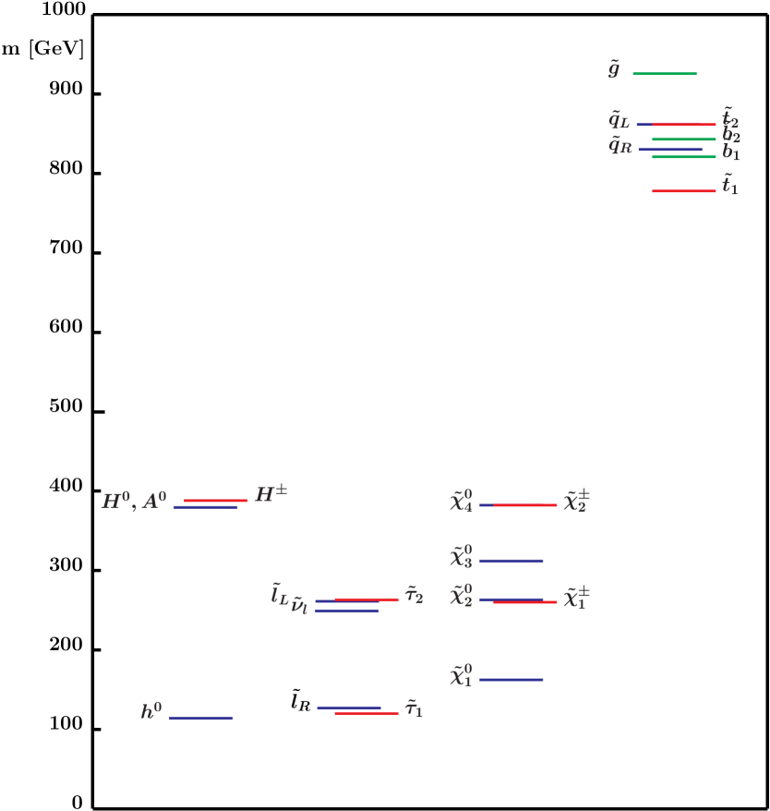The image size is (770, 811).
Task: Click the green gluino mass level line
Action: (665, 74)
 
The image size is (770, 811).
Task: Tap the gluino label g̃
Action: (614, 70)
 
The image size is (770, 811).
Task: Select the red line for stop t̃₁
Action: (684, 191)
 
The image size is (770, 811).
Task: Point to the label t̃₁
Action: (729, 185)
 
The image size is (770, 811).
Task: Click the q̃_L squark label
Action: (619, 120)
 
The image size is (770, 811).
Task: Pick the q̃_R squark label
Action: (620, 145)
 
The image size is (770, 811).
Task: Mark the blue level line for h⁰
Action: (201, 718)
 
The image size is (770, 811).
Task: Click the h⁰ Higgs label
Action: (151, 711)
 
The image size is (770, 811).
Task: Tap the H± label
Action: (271, 494)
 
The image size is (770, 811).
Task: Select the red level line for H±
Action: (216, 501)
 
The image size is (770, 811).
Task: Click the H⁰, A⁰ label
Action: (135, 502)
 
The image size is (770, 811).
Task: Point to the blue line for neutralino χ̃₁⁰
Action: (511, 680)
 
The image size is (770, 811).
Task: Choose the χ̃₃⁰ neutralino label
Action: (461, 557)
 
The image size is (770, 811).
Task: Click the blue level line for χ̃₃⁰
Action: (511, 561)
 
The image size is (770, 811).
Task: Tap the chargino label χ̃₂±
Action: (577, 501)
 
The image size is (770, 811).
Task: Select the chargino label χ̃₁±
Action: (577, 597)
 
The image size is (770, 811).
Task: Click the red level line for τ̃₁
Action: (367, 713)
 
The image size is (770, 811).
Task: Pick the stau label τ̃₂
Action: (414, 595)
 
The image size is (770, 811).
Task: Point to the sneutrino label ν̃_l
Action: (299, 607)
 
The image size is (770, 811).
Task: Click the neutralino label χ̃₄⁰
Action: (461, 502)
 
